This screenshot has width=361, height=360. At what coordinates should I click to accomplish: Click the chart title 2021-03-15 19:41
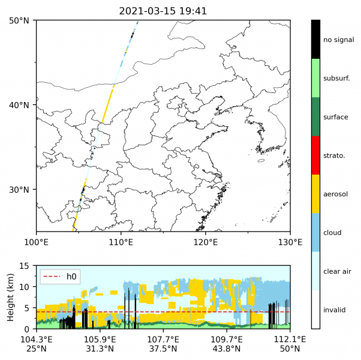[x=163, y=11]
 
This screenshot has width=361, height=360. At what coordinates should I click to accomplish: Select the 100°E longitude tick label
[x=36, y=242]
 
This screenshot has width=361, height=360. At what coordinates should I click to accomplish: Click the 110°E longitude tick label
[x=121, y=242]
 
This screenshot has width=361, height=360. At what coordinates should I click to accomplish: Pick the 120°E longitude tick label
[x=206, y=242]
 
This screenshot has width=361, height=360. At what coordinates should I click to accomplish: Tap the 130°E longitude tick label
[x=290, y=242]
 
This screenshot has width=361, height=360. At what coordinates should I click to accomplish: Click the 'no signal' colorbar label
[x=338, y=40]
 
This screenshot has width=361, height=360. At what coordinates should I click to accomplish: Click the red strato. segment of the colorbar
[x=315, y=155]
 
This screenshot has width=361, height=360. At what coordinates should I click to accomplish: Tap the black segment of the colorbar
[x=315, y=40]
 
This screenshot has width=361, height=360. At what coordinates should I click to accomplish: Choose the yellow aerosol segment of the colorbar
[x=315, y=194]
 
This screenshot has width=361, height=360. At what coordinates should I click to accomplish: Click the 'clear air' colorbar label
[x=336, y=271]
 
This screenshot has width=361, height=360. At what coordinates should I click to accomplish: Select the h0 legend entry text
[x=71, y=277]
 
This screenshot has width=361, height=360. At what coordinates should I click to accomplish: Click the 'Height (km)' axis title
[x=10, y=297]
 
